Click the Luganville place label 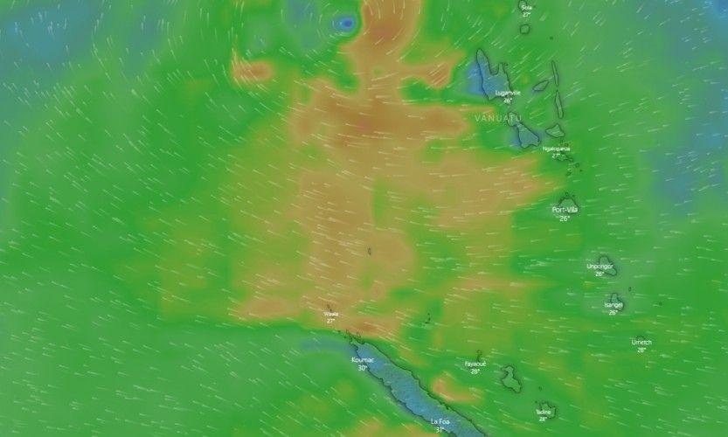pos(507,93)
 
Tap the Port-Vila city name pos(565,210)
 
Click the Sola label pos(526,7)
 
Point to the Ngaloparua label pos(556,149)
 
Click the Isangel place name pos(614,304)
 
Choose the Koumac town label pos(363,359)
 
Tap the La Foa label pos(440,421)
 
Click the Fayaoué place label pos(475,364)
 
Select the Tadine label pos(544,412)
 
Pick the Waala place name pos(331,313)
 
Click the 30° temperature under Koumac pos(363,368)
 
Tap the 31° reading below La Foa pos(440,430)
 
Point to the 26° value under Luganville pos(507,101)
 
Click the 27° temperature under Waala pos(331,321)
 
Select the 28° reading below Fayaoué pos(475,371)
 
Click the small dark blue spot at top pos(347,22)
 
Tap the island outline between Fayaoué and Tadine pos(510,378)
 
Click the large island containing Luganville pos(483,74)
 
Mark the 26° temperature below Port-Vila pos(565,218)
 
